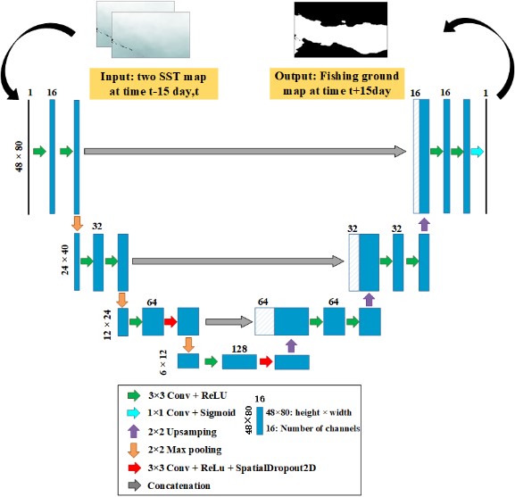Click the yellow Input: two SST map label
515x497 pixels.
click(x=154, y=84)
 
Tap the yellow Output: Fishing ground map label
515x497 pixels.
click(x=337, y=83)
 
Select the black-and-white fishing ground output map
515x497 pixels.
click(x=341, y=29)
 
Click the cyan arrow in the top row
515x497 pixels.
click(x=478, y=152)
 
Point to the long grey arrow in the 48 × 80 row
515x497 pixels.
click(x=245, y=152)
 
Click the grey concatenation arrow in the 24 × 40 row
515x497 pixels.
click(x=238, y=261)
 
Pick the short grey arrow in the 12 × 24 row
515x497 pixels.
click(x=228, y=322)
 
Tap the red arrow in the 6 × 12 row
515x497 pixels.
click(x=266, y=361)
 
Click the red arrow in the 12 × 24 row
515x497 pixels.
click(x=170, y=322)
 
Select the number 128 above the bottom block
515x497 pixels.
click(x=239, y=349)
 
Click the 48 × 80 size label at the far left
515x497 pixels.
click(x=19, y=156)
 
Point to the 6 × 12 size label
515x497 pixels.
click(x=163, y=362)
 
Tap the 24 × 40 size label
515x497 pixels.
click(x=65, y=260)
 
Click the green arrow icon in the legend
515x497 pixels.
click(x=134, y=395)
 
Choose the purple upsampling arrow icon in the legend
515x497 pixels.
click(x=133, y=431)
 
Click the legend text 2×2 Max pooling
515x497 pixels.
click(x=185, y=450)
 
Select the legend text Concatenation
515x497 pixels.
click(x=179, y=485)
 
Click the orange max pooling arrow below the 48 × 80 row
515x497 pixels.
click(x=77, y=223)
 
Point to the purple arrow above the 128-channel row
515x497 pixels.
click(x=291, y=346)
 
